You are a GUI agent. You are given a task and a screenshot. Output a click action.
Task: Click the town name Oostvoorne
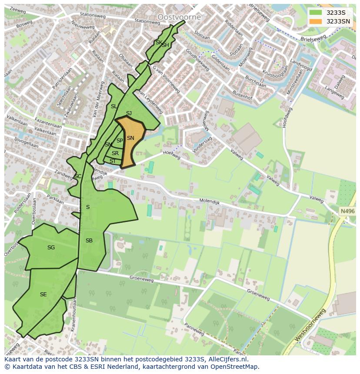pos(179,17)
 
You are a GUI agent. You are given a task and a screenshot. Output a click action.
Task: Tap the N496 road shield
pos(347,211)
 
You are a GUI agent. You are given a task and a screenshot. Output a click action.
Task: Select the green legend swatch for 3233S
pos(315,13)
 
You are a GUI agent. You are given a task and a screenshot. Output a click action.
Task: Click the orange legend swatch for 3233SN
pos(315,21)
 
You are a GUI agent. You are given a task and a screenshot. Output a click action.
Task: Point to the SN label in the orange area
pos(130,138)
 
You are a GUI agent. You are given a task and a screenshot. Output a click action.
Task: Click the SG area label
pos(51,248)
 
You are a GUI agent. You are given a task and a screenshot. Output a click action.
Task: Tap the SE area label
pos(43,295)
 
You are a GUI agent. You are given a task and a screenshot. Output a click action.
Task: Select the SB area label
pos(89,241)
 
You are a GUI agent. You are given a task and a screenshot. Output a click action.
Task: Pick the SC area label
pos(77,176)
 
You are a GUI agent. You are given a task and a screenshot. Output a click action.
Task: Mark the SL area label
pos(113,106)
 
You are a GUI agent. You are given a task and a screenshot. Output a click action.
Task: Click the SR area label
pos(115,153)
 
